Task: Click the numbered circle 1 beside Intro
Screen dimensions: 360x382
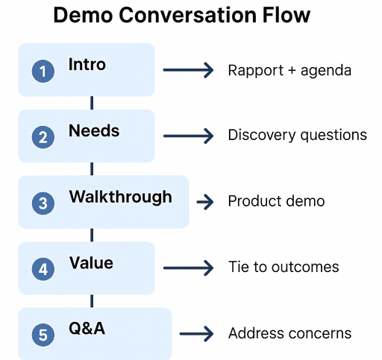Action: point(43,72)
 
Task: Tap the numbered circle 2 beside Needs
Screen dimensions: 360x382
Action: point(43,137)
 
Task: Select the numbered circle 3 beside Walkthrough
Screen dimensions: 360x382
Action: point(43,203)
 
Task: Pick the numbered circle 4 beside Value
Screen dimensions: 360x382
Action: point(43,269)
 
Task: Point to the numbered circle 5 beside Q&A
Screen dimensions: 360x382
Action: point(43,335)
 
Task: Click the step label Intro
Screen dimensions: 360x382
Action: point(87,65)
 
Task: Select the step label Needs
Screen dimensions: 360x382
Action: point(94,131)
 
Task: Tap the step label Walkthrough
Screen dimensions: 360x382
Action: point(120,198)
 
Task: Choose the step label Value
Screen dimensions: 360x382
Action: point(91,263)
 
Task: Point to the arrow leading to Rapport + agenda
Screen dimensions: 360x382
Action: point(188,71)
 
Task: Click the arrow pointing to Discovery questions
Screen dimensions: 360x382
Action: point(188,136)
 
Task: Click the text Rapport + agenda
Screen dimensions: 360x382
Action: point(289,71)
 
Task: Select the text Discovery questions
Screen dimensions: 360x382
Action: point(297,136)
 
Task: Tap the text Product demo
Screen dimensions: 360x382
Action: point(276,202)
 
